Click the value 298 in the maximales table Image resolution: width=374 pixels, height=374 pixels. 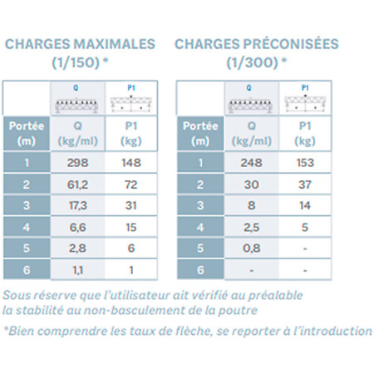pyautogui.click(x=77, y=163)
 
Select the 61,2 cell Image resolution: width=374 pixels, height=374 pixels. pyautogui.click(x=77, y=185)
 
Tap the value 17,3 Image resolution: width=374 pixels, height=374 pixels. pyautogui.click(x=77, y=205)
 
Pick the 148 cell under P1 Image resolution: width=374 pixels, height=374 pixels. pyautogui.click(x=131, y=163)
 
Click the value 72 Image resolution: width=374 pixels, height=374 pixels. pyautogui.click(x=131, y=185)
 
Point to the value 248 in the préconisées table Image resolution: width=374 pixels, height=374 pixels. pyautogui.click(x=251, y=163)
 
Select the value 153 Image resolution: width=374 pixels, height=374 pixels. pyautogui.click(x=305, y=163)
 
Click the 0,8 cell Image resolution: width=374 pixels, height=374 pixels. pyautogui.click(x=251, y=249)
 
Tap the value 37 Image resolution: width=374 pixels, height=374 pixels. pyautogui.click(x=305, y=185)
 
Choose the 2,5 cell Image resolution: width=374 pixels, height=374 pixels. pyautogui.click(x=251, y=228)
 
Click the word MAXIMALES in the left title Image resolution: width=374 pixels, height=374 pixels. pyautogui.click(x=114, y=44)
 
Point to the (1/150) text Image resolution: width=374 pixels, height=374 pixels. pyautogui.click(x=76, y=62)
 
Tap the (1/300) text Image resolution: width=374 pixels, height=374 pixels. pyautogui.click(x=252, y=62)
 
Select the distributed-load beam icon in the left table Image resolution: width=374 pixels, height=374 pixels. pyautogui.click(x=76, y=106)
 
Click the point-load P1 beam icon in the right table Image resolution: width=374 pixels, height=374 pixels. pyautogui.click(x=305, y=103)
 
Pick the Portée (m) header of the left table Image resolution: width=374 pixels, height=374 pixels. pyautogui.click(x=27, y=134)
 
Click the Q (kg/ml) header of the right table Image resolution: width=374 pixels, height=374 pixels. pyautogui.click(x=251, y=134)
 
